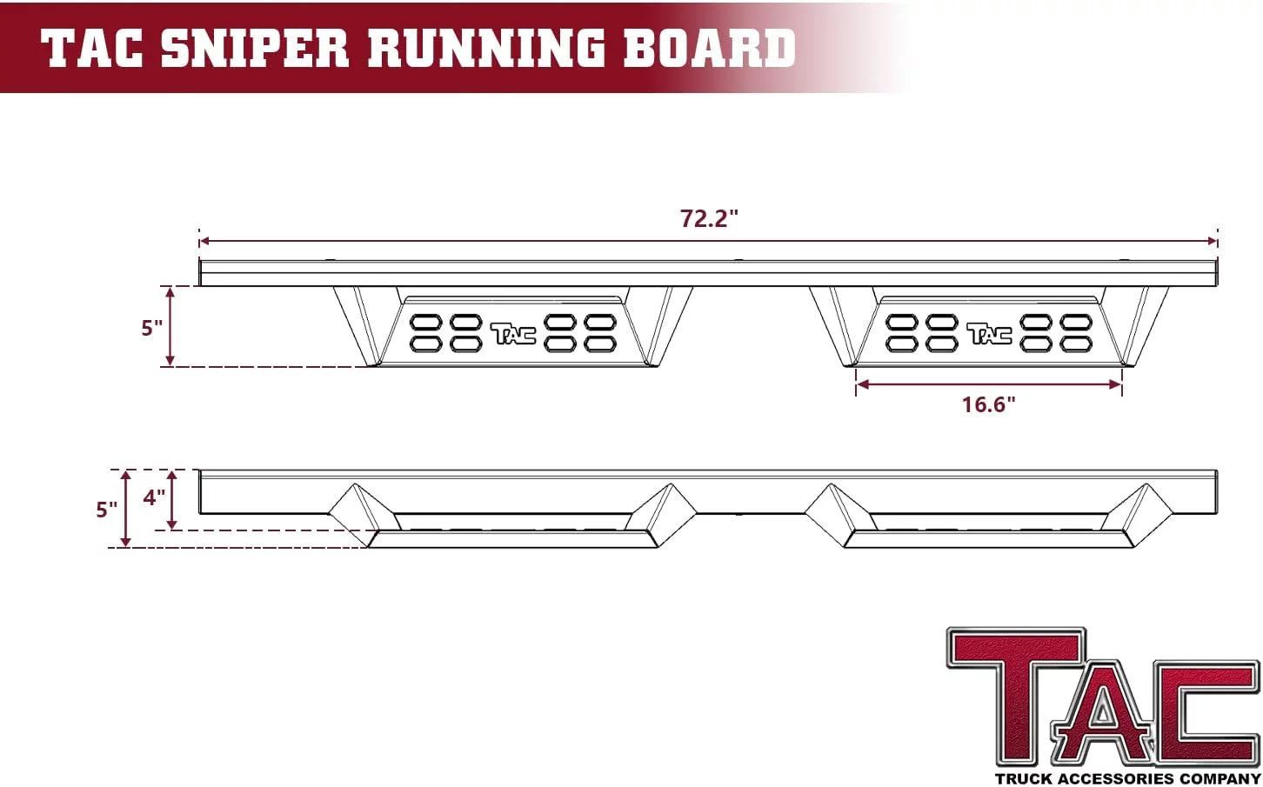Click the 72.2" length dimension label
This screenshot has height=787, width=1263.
(708, 218)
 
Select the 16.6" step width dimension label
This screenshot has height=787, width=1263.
(988, 404)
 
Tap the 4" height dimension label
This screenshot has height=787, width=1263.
(154, 498)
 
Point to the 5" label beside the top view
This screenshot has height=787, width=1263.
(152, 328)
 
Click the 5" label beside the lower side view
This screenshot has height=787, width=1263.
(106, 509)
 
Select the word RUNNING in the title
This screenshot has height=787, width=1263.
(485, 48)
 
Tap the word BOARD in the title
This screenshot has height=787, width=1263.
(709, 48)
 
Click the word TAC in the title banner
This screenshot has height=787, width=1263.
(92, 48)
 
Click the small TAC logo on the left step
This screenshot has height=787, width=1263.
(513, 333)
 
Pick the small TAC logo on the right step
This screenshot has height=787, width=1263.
(989, 333)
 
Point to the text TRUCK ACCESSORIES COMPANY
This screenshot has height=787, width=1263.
(1127, 778)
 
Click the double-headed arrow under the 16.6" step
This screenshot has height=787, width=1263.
(989, 383)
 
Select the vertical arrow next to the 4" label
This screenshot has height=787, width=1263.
(172, 499)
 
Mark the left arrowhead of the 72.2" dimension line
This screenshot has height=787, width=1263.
(204, 241)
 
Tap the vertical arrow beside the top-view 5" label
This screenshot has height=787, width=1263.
(170, 326)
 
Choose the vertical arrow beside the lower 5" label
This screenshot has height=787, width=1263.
(126, 509)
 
